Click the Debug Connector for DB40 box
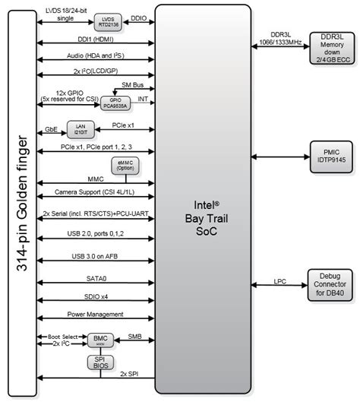coord(331,284)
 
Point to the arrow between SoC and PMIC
coord(282,156)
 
